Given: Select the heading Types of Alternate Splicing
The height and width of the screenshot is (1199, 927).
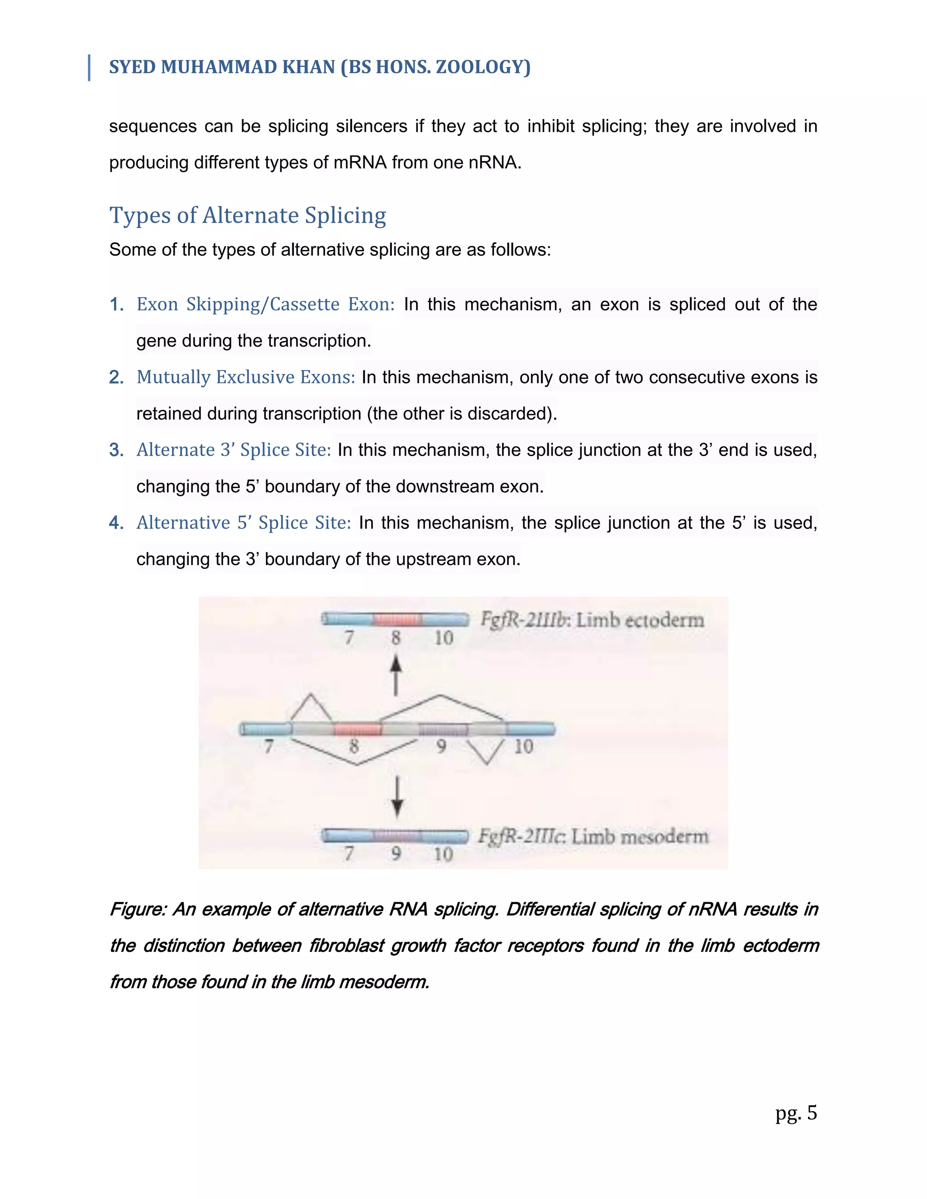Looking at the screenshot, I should (x=248, y=215).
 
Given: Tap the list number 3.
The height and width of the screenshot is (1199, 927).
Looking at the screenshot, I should (x=116, y=450).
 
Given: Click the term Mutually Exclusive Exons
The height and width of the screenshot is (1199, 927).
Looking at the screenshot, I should (x=245, y=377).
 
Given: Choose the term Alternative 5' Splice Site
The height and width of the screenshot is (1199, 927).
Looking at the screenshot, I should (x=243, y=523).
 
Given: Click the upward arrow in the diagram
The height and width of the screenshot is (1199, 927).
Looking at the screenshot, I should (x=396, y=675).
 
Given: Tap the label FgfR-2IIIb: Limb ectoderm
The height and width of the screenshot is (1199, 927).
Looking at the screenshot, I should (x=592, y=620).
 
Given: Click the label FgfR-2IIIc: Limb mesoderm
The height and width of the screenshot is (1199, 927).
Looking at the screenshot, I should (x=593, y=837).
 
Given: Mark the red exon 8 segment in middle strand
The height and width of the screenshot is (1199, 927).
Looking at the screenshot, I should (x=357, y=729).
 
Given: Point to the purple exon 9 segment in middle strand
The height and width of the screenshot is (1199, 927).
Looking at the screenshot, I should (x=443, y=729).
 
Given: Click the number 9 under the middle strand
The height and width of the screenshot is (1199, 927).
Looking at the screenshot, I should (x=441, y=747).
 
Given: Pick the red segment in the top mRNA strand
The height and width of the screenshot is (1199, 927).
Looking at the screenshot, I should (x=397, y=619).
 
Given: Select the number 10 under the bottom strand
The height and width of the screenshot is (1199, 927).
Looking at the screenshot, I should (x=443, y=854).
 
